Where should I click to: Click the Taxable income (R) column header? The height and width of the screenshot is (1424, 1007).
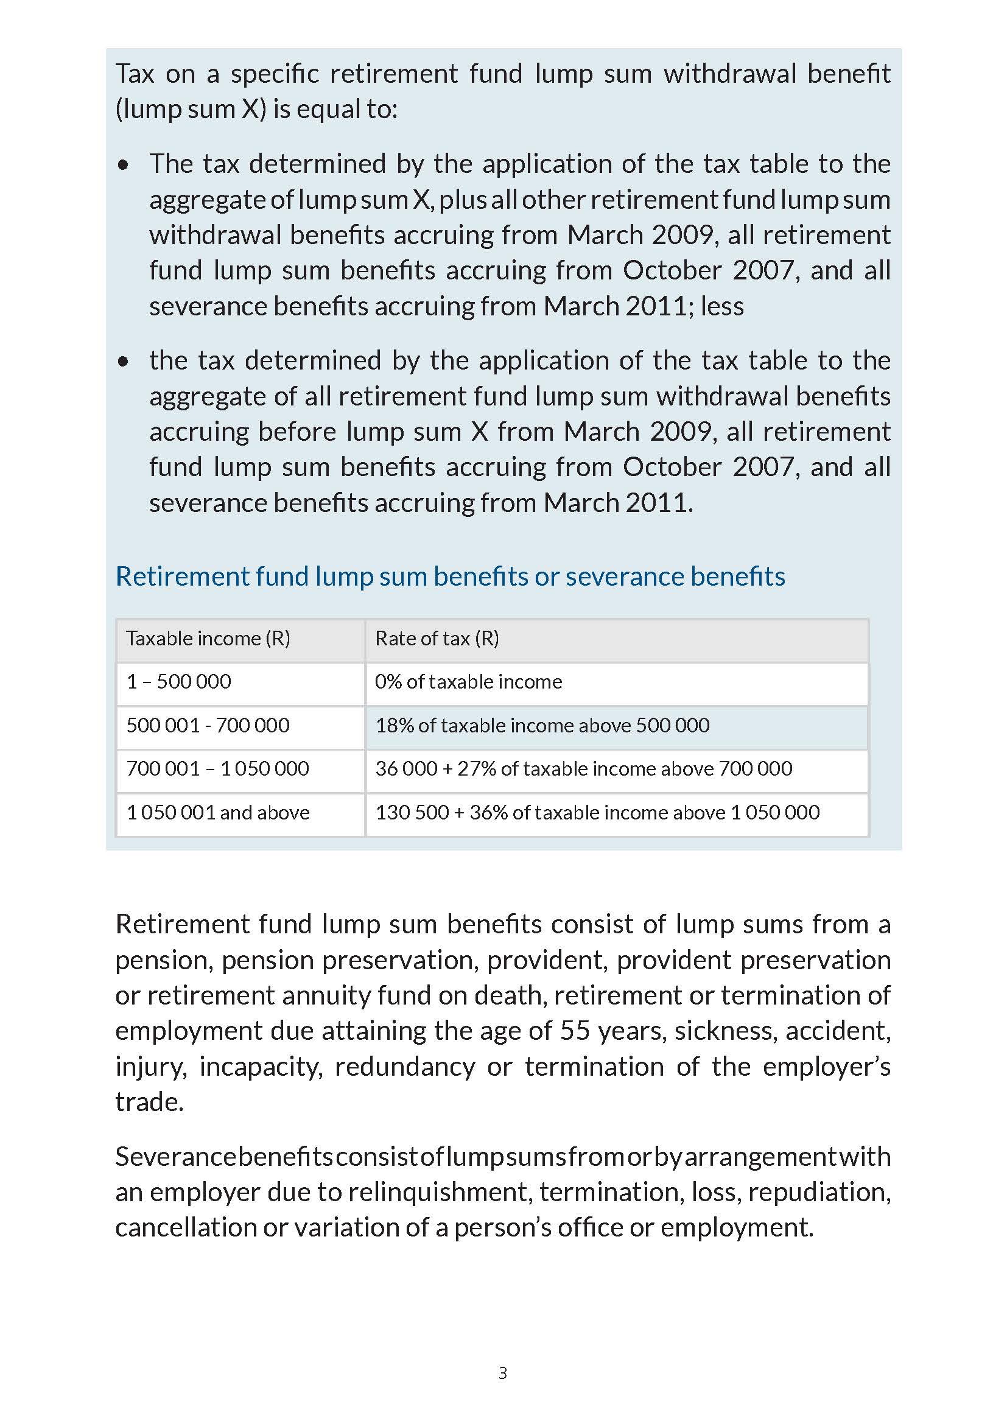(208, 638)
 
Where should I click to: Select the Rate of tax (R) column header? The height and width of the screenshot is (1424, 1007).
(437, 638)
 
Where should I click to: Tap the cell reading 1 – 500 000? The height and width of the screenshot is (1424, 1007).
(178, 682)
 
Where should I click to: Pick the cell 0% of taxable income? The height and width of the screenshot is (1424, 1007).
(468, 682)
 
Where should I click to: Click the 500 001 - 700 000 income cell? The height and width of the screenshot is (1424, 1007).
(208, 725)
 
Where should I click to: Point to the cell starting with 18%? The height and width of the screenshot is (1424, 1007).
(542, 725)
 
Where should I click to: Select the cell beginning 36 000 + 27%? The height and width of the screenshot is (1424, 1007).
(583, 768)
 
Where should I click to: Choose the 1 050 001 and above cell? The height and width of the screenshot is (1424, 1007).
(217, 813)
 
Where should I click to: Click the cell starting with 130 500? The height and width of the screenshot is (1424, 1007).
(597, 813)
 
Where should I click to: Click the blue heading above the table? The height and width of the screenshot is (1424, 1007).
(450, 576)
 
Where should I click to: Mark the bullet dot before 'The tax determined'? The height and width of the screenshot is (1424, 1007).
(124, 165)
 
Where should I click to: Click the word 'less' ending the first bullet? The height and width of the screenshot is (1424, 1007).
(722, 306)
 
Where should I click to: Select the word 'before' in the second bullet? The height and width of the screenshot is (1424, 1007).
(297, 432)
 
